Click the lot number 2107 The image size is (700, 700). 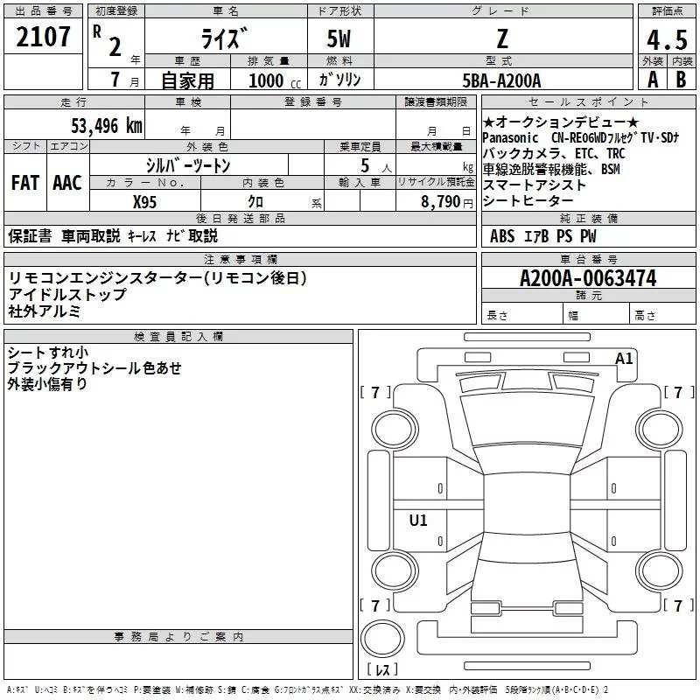[44, 37]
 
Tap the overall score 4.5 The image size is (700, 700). [665, 40]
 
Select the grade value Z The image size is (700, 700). [502, 38]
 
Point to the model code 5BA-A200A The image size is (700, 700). [501, 80]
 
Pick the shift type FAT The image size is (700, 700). [24, 183]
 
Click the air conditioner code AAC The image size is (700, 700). [67, 183]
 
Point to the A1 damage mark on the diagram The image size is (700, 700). [624, 358]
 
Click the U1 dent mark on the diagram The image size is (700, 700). [418, 521]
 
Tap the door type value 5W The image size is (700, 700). [339, 40]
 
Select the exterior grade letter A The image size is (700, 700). [652, 80]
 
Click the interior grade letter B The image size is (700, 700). [682, 80]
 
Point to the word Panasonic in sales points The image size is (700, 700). [512, 138]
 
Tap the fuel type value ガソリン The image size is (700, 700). [339, 80]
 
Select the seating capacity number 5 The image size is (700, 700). [364, 165]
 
